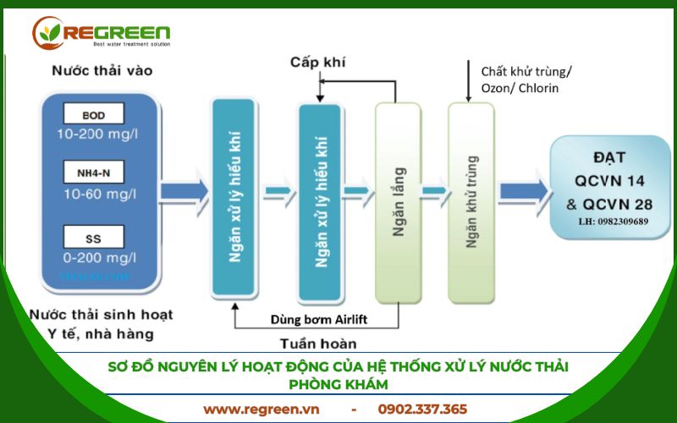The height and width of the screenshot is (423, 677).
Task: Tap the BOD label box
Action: [x=93, y=113]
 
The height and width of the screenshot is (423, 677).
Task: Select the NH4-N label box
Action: [x=93, y=174]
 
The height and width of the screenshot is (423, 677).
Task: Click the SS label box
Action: [x=93, y=234]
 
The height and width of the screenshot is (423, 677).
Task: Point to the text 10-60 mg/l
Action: [x=94, y=195]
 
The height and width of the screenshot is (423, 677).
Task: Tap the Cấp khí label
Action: [x=318, y=63]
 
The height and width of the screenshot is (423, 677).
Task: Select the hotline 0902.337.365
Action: [x=422, y=409]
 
